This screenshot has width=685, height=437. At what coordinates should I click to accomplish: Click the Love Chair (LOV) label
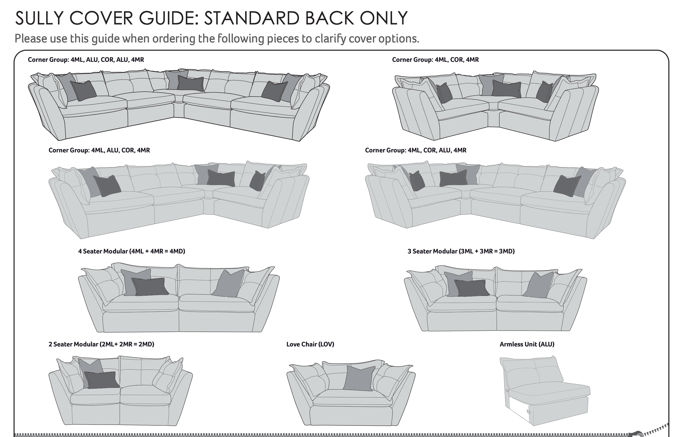310,344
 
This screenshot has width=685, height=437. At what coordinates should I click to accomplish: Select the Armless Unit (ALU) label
527,344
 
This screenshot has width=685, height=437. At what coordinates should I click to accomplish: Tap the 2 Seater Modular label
101,344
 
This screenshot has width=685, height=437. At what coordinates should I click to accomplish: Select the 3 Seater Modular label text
461,251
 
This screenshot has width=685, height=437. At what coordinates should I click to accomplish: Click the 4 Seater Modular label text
131,251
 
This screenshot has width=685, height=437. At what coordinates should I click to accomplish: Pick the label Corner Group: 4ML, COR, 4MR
435,60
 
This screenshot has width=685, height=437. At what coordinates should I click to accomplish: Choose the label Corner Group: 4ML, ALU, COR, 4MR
99,150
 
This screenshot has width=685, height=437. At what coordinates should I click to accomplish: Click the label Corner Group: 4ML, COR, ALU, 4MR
416,150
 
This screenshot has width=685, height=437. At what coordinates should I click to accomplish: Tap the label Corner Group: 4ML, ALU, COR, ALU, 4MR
86,60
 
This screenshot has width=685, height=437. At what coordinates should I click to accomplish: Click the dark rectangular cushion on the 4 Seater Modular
150,287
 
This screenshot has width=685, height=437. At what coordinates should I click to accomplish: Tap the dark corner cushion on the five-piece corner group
190,83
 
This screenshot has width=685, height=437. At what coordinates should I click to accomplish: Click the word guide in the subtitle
105,39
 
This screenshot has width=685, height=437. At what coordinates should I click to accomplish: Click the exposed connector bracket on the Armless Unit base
528,411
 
